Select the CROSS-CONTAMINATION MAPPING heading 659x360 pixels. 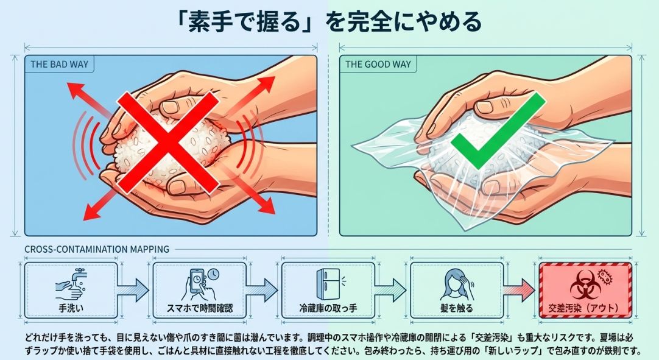coord(97,249)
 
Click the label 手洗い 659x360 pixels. coord(72,308)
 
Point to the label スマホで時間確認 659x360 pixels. coord(200,308)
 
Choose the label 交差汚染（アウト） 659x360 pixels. coord(584,308)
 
